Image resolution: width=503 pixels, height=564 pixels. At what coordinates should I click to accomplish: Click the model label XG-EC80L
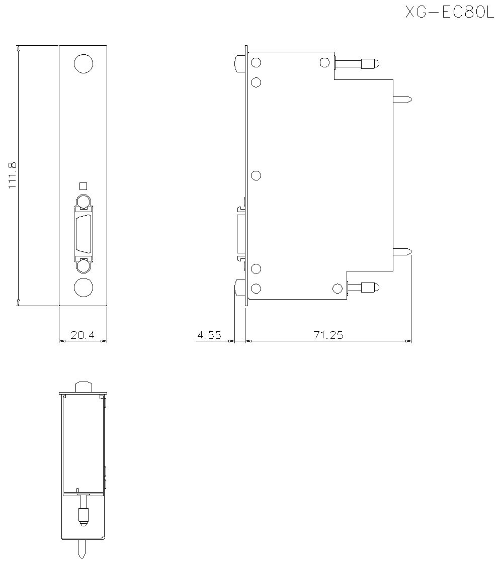[x=450, y=12]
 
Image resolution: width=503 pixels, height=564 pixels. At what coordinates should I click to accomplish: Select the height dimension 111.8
[x=13, y=174]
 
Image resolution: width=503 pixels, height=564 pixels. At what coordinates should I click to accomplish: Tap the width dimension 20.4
[x=82, y=335]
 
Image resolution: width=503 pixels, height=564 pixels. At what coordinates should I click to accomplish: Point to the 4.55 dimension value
[x=209, y=335]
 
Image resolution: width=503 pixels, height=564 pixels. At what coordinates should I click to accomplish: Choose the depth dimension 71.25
[x=328, y=335]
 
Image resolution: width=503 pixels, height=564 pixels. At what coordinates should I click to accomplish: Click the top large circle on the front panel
[x=83, y=64]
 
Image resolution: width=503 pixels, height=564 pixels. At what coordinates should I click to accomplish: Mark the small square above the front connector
[x=83, y=185]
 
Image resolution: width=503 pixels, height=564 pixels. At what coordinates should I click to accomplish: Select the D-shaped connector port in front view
[x=83, y=234]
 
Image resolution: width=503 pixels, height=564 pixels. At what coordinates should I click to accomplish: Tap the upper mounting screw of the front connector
[x=83, y=202]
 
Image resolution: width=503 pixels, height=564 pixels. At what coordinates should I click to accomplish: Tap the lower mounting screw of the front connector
[x=83, y=266]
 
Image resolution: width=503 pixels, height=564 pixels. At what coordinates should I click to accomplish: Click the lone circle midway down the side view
[x=256, y=175]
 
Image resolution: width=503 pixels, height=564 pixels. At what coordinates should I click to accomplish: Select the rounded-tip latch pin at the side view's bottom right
[x=369, y=288]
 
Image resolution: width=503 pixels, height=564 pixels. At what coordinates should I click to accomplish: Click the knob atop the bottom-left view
[x=83, y=387]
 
